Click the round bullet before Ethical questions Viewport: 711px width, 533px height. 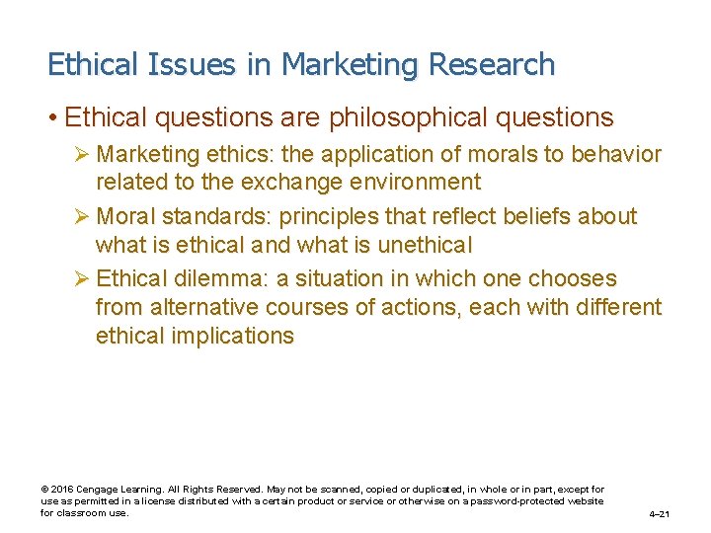coord(51,117)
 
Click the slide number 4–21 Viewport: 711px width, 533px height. coord(659,514)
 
